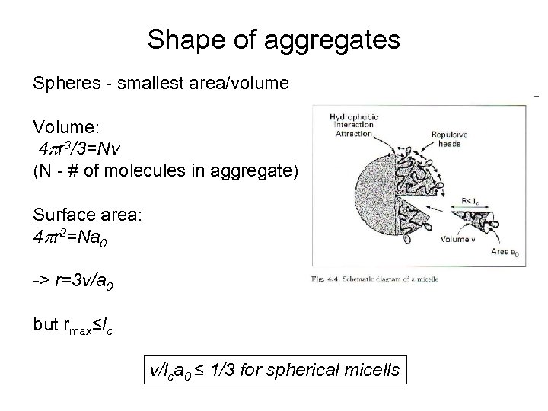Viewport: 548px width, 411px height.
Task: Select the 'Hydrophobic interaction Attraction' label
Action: coord(352,125)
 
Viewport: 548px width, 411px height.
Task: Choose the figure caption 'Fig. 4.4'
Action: coord(375,279)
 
